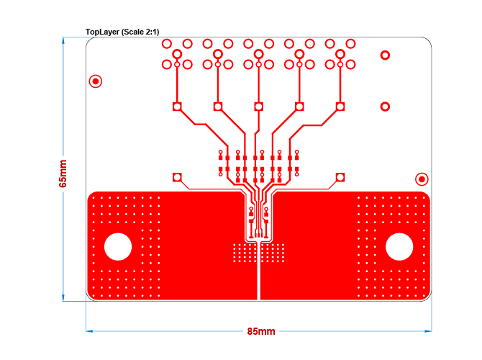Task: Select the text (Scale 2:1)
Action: point(140,32)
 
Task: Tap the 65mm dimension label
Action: point(63,174)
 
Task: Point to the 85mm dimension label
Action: point(261,332)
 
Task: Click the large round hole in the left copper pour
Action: point(118,247)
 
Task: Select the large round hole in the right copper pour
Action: point(399,247)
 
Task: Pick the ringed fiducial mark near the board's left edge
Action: point(95,81)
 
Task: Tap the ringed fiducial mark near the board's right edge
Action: point(422,179)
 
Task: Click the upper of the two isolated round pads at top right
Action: point(385,55)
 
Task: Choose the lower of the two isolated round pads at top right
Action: point(385,107)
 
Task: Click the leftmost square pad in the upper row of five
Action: point(177,107)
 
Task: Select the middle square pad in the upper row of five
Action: point(258,107)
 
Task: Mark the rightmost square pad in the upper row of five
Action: point(340,107)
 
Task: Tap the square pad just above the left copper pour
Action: point(177,177)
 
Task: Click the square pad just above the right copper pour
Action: point(340,177)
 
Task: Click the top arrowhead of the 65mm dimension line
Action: point(63,40)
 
